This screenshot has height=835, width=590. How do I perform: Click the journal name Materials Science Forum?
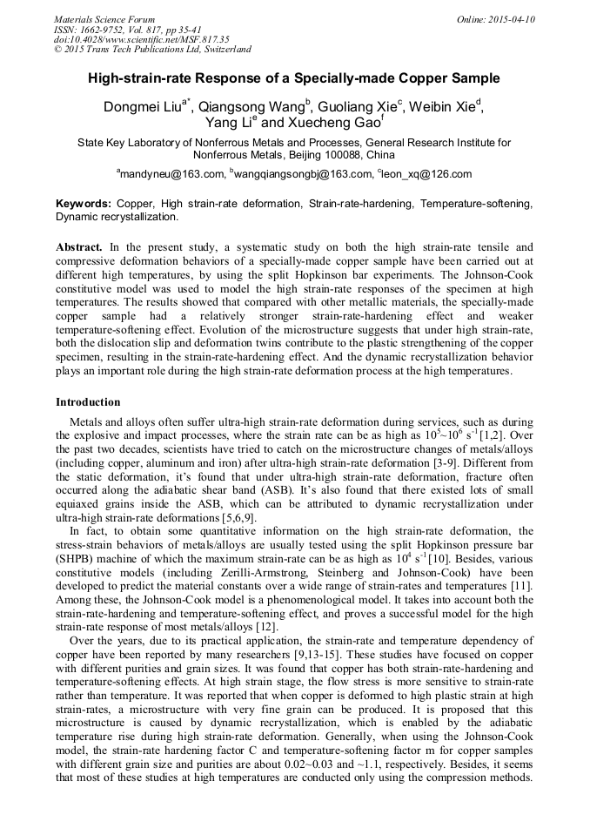[104, 19]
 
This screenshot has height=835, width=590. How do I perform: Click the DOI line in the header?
[142, 39]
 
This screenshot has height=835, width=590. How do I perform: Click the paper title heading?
[294, 78]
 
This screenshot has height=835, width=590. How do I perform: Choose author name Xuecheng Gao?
[332, 124]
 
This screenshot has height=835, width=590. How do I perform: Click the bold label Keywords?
[84, 203]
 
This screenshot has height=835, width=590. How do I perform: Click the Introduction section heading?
[88, 402]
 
